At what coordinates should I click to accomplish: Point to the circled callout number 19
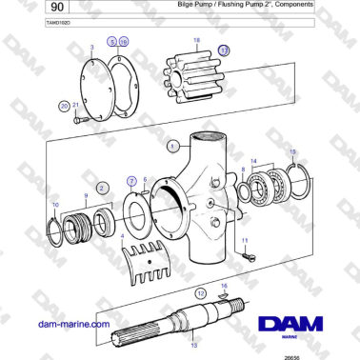coord(124,43)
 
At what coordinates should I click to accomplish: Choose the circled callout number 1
coord(172,147)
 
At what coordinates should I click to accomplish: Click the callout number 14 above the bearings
coord(252,161)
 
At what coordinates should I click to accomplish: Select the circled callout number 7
coord(131,180)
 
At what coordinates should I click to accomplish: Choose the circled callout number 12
coord(201,294)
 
